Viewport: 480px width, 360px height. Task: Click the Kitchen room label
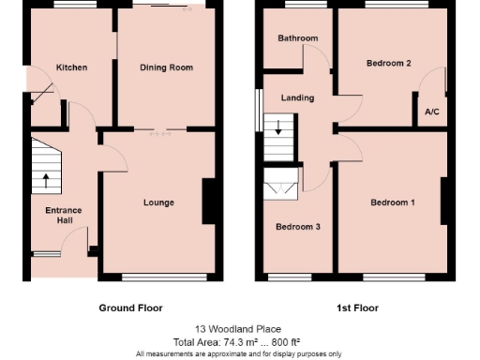pos(71,67)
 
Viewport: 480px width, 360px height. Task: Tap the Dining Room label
pos(166,67)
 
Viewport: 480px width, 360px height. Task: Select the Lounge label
pos(158,202)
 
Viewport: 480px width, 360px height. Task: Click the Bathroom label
pos(297,38)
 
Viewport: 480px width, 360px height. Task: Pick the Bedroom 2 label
pos(389,63)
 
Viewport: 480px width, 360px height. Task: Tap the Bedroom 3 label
pos(297,227)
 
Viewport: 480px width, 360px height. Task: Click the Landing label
pos(298,97)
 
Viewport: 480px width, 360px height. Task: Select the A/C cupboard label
pos(432,112)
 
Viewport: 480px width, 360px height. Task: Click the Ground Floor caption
pos(130,307)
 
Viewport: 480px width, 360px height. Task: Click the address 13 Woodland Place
pos(238,329)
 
